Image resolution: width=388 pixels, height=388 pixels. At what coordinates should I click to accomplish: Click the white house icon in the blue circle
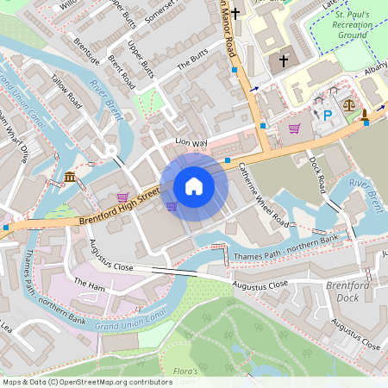tap(194, 185)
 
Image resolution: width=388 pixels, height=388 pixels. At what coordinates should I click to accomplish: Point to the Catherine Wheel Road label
tap(264, 193)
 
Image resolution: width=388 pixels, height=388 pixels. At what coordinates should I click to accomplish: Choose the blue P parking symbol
tap(327, 114)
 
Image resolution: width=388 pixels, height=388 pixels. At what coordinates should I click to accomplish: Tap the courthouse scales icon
tap(349, 103)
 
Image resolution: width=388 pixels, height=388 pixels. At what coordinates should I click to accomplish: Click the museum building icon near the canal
tap(69, 178)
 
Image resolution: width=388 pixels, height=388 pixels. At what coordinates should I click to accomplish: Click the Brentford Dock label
tap(347, 291)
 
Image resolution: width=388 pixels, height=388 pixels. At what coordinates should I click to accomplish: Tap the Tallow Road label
tap(67, 90)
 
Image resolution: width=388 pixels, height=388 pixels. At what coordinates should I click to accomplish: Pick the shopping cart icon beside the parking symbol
tap(295, 128)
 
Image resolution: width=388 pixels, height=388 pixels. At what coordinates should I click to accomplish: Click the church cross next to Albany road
tap(285, 61)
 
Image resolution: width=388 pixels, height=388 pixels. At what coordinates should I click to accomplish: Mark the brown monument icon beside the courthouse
tap(365, 114)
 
